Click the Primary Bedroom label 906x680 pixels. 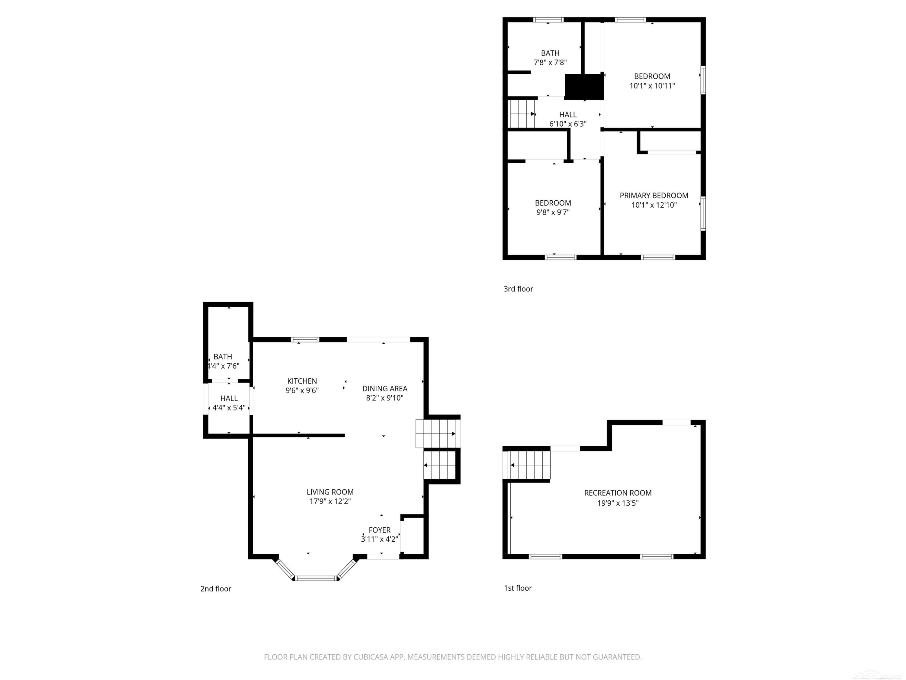(654, 196)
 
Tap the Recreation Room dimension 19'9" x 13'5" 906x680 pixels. (618, 503)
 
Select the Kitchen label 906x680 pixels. (302, 381)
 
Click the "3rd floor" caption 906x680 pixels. (518, 289)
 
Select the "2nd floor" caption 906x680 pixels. (215, 589)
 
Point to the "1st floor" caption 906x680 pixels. (518, 588)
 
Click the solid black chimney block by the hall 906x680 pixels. (584, 86)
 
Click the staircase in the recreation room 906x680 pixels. (529, 465)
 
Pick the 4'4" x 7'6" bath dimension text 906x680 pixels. (223, 366)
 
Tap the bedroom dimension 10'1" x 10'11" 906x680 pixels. (652, 86)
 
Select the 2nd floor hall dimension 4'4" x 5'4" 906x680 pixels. (229, 408)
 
